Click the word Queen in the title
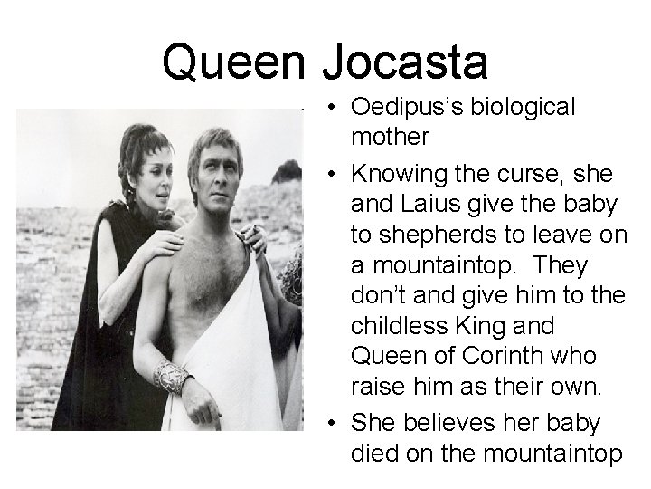click(236, 62)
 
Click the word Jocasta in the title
click(406, 62)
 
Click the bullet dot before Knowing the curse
click(335, 171)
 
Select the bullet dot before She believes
click(335, 423)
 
